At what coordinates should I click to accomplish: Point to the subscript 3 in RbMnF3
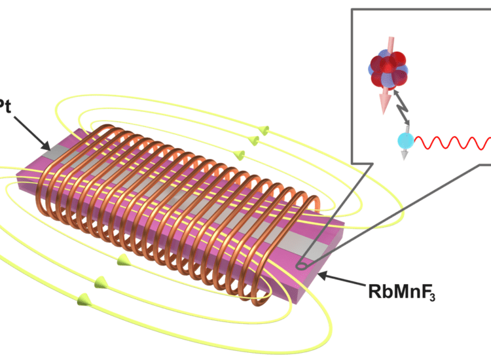[431, 296]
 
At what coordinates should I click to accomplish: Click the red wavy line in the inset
[452, 141]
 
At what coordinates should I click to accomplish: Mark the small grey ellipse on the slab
[302, 266]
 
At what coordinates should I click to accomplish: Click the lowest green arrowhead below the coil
[84, 300]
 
